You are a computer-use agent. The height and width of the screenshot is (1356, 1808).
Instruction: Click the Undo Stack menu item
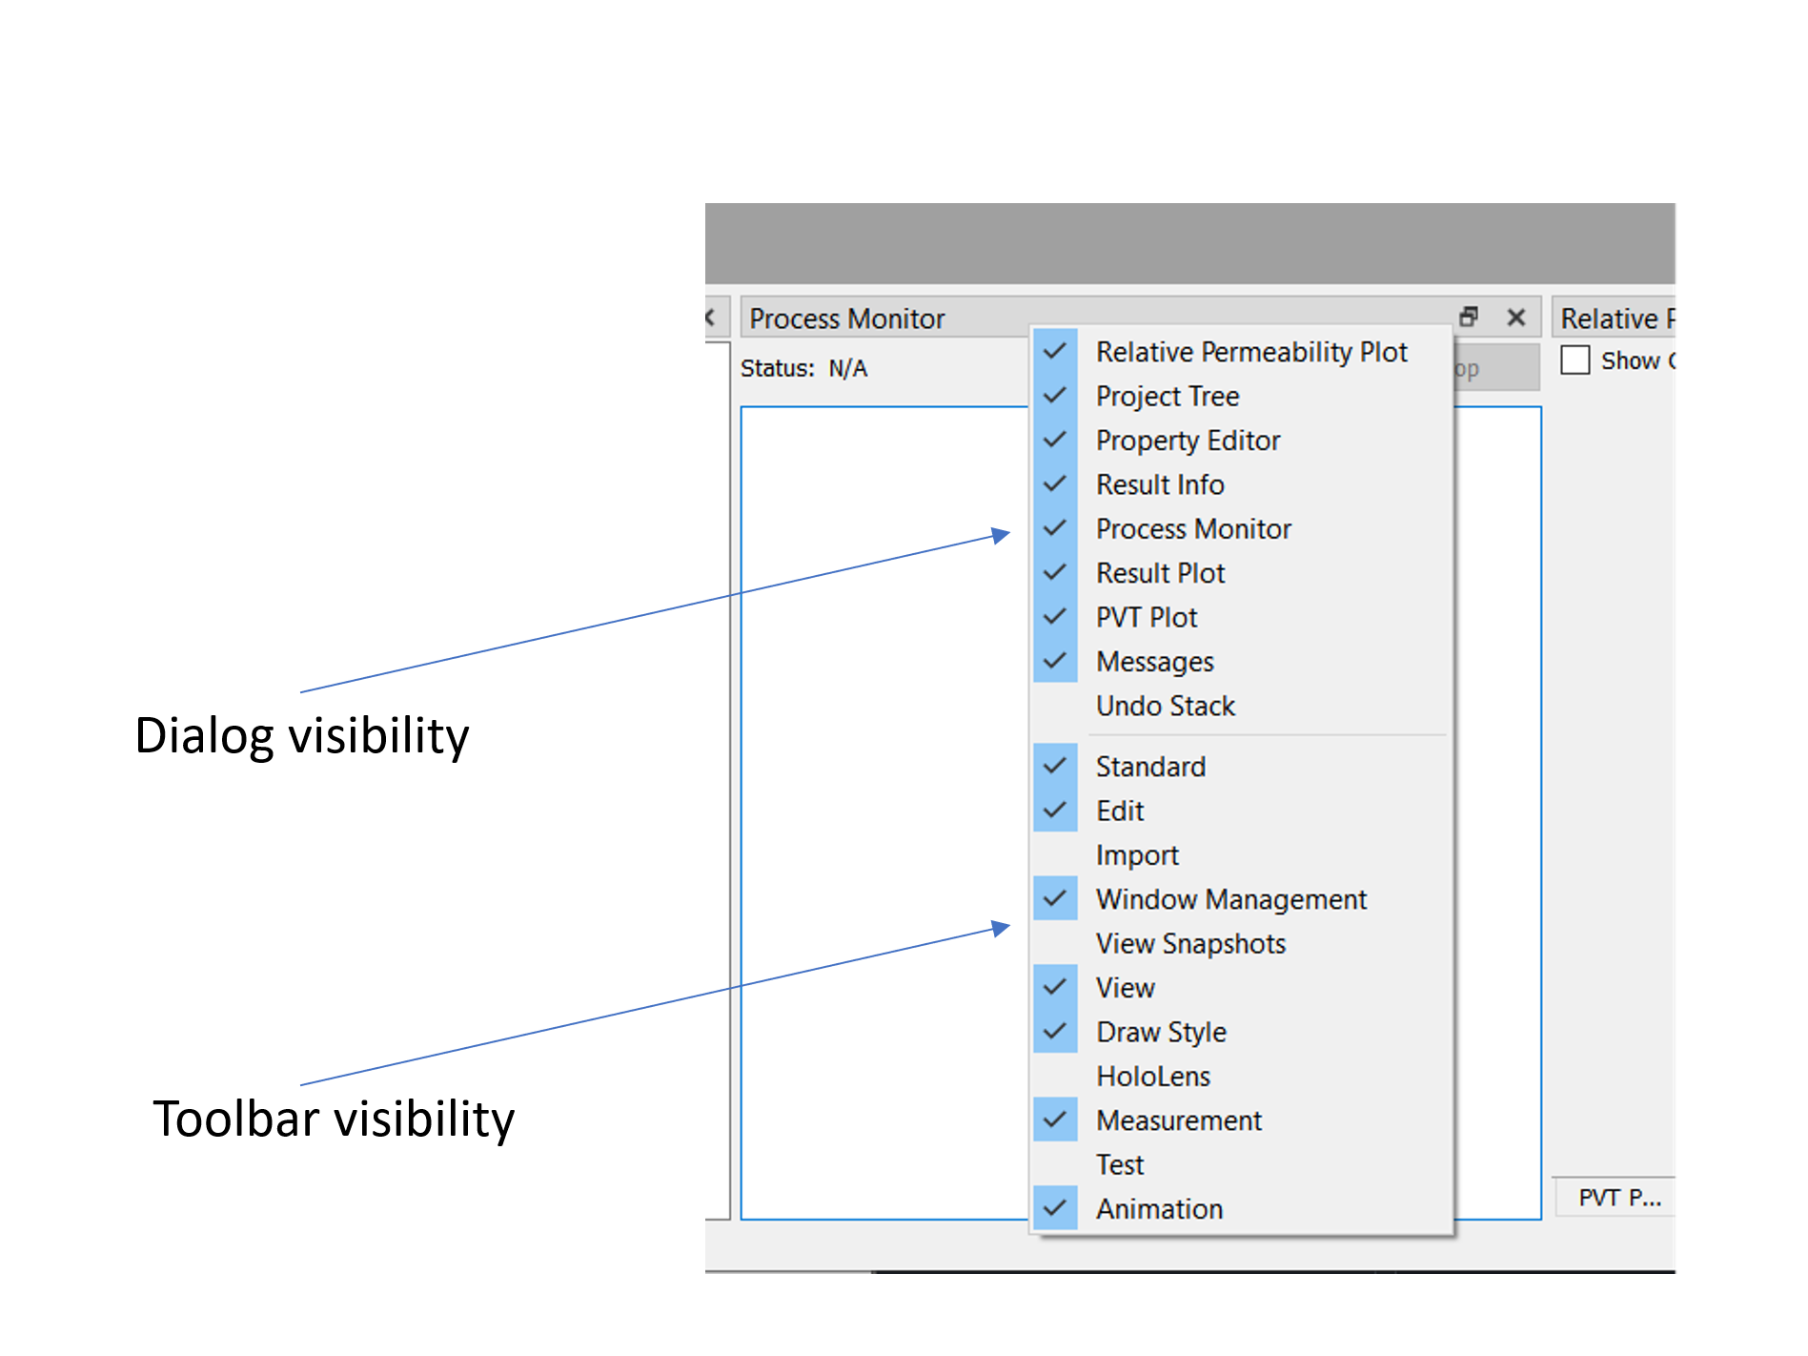click(x=1165, y=706)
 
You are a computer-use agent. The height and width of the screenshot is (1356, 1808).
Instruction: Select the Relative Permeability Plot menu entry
click(x=1250, y=352)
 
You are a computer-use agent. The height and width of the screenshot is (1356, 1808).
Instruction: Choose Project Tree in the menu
click(x=1167, y=396)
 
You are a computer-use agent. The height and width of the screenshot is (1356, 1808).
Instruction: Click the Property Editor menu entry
click(x=1188, y=441)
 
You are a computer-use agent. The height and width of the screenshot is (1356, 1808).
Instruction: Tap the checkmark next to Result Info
click(x=1055, y=484)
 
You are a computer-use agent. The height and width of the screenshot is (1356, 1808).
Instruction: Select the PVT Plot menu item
click(x=1146, y=617)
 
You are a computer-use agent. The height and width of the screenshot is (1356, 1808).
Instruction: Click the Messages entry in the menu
click(x=1154, y=661)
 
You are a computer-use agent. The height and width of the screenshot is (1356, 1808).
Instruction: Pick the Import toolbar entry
click(x=1136, y=854)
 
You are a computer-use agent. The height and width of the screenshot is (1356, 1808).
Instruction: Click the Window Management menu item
click(x=1230, y=899)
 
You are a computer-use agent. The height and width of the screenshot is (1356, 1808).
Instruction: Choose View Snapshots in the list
click(x=1190, y=943)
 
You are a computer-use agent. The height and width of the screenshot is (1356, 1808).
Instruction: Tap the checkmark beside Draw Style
click(x=1055, y=1032)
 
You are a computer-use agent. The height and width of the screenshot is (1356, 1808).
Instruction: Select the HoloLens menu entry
click(x=1152, y=1076)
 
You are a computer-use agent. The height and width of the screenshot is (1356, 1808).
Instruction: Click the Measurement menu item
click(x=1178, y=1120)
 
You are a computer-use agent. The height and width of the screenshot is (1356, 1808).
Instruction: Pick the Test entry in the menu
click(x=1119, y=1164)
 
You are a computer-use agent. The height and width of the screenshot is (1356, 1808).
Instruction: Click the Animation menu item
click(x=1159, y=1208)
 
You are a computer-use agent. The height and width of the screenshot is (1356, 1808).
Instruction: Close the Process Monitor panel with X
click(x=1515, y=318)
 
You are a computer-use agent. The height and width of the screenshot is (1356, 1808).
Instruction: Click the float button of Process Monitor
click(x=1469, y=317)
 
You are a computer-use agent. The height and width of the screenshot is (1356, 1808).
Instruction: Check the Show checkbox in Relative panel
click(x=1575, y=360)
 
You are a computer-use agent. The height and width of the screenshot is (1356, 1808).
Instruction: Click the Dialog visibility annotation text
click(x=302, y=735)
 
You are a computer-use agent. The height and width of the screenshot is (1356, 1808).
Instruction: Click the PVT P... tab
click(x=1617, y=1197)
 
